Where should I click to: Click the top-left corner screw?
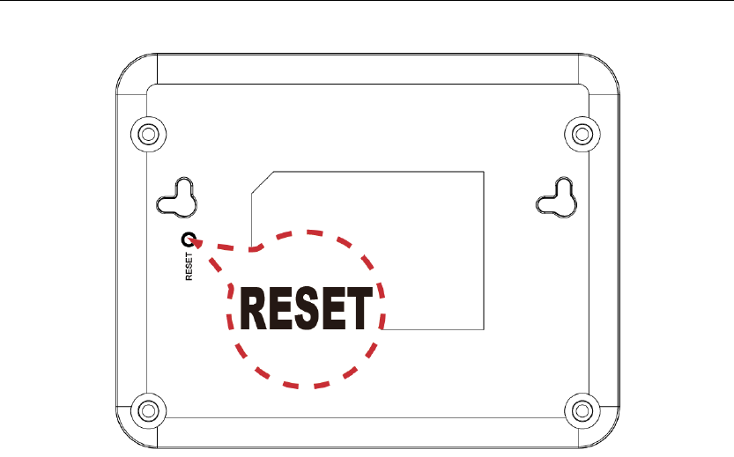(147, 133)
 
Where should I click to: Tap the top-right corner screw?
(582, 133)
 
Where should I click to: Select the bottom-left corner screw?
(147, 410)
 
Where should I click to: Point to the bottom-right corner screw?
(582, 410)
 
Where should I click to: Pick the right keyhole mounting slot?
(556, 198)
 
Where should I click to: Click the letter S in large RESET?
(305, 307)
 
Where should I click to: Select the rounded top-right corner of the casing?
(605, 67)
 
